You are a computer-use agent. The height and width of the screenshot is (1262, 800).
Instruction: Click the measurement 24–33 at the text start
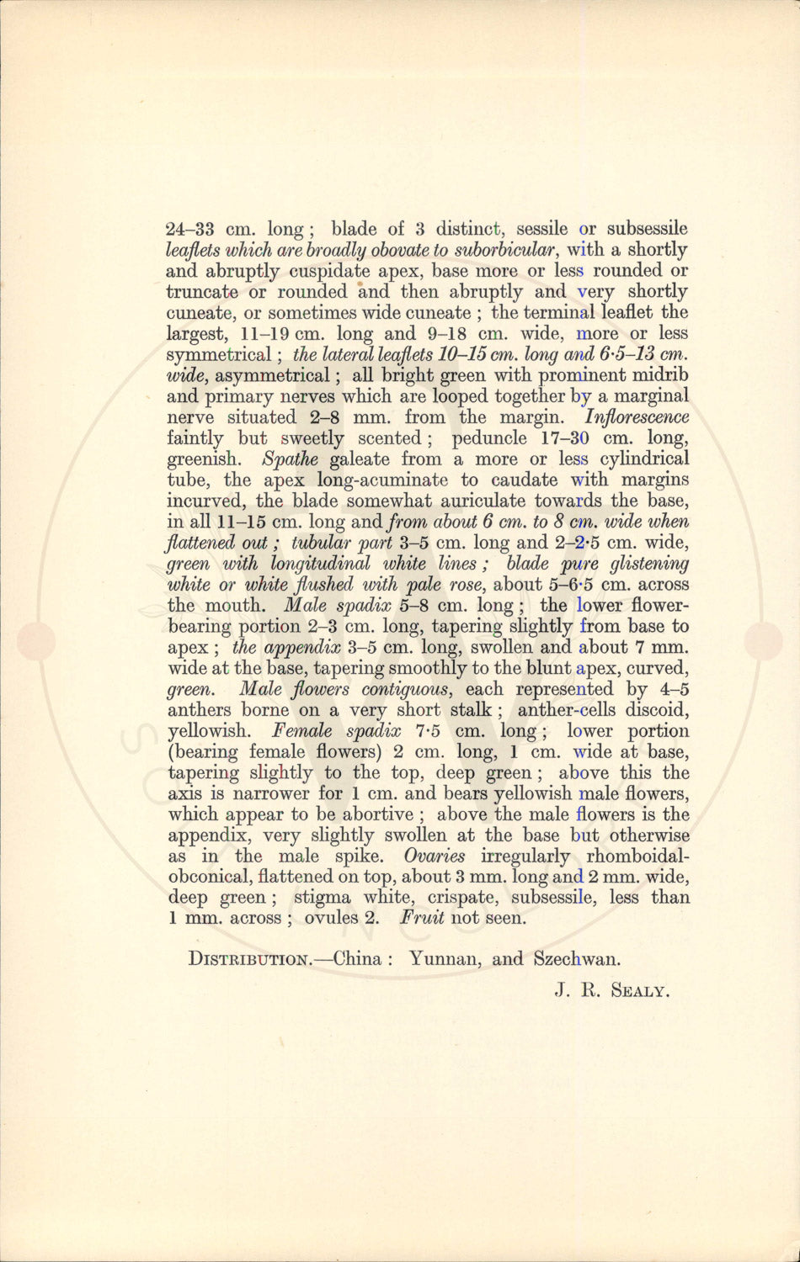(189, 229)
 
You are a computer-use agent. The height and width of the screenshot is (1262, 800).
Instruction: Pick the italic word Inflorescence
(637, 417)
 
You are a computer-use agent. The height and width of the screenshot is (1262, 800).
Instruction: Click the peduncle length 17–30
(565, 438)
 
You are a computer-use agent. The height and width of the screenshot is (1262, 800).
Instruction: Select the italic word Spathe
(291, 459)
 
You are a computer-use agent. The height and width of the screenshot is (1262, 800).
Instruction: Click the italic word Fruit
(423, 918)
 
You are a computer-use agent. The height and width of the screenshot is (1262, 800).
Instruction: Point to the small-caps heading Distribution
(249, 959)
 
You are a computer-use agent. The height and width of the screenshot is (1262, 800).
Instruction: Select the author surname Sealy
(639, 991)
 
